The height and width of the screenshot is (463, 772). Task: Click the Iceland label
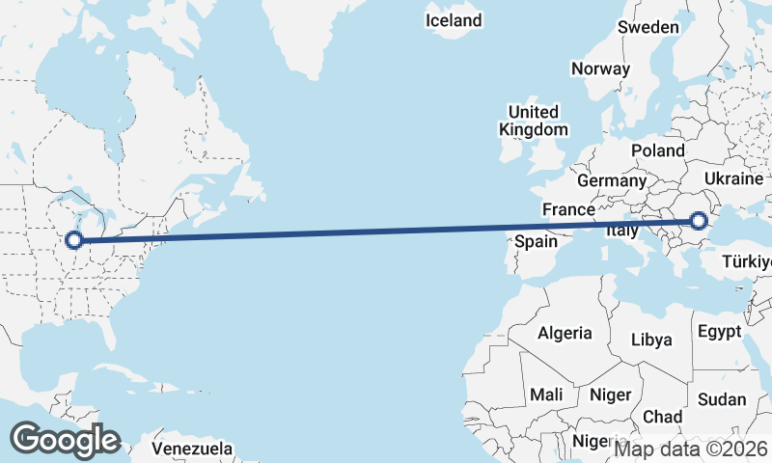pyautogui.click(x=454, y=20)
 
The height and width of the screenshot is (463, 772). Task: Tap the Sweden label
pyautogui.click(x=648, y=27)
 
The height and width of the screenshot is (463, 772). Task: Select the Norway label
pyautogui.click(x=600, y=68)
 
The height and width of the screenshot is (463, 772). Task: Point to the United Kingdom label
pyautogui.click(x=533, y=121)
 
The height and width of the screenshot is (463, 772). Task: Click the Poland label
pyautogui.click(x=657, y=151)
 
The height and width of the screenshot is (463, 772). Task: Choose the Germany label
pyautogui.click(x=612, y=180)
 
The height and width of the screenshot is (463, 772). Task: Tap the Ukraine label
pyautogui.click(x=734, y=179)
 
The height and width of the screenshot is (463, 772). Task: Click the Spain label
pyautogui.click(x=536, y=241)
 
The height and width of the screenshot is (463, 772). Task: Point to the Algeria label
pyautogui.click(x=565, y=333)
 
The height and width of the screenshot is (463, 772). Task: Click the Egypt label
pyautogui.click(x=719, y=332)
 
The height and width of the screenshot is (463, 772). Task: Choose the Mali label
pyautogui.click(x=546, y=395)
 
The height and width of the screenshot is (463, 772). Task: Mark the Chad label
pyautogui.click(x=662, y=417)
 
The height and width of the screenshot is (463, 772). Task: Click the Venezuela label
pyautogui.click(x=193, y=449)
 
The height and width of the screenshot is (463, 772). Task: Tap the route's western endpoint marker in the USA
pyautogui.click(x=73, y=240)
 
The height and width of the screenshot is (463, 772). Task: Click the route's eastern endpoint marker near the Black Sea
pyautogui.click(x=699, y=223)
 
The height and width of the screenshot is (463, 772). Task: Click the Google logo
pyautogui.click(x=65, y=440)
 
